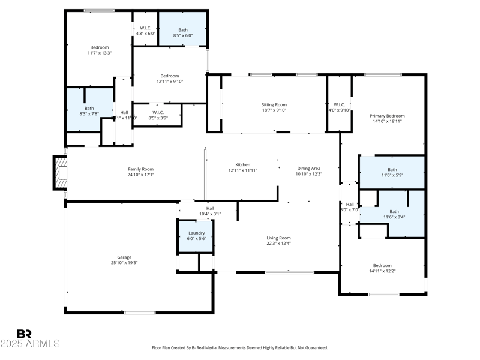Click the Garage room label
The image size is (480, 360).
pyautogui.click(x=124, y=257)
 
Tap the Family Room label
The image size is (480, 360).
pyautogui.click(x=140, y=169)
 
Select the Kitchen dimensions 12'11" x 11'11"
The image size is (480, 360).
pyautogui.click(x=242, y=171)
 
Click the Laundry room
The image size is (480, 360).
pyautogui.click(x=196, y=235)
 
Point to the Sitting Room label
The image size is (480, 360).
pyautogui.click(x=274, y=104)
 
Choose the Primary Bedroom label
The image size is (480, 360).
pyautogui.click(x=386, y=116)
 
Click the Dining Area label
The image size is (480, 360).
pyautogui.click(x=309, y=169)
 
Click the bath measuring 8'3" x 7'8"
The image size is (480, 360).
pyautogui.click(x=89, y=110)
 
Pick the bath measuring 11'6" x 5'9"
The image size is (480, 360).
pyautogui.click(x=392, y=172)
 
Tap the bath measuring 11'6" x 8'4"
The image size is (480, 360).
pyautogui.click(x=394, y=214)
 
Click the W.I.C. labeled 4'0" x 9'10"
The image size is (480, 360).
pyautogui.click(x=339, y=107)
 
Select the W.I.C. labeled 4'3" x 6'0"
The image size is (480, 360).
pyautogui.click(x=145, y=31)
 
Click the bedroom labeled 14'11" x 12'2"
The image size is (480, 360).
pyautogui.click(x=382, y=268)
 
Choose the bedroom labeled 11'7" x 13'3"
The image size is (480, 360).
pyautogui.click(x=100, y=50)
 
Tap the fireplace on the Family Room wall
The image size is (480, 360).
pyautogui.click(x=61, y=173)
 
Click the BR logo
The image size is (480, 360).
pyautogui.click(x=24, y=334)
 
